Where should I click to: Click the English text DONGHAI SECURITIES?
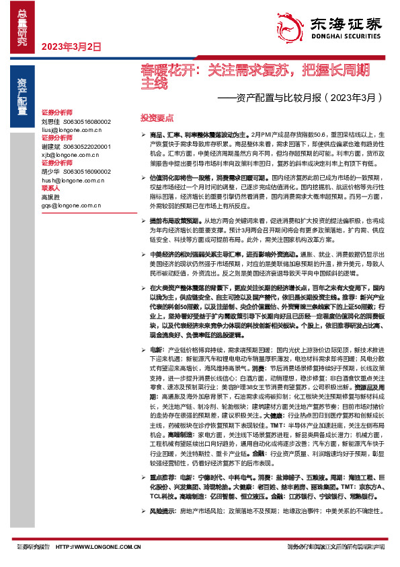point(352,39)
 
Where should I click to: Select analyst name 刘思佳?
point(51,121)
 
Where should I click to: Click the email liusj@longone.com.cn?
point(71,129)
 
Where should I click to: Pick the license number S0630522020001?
point(87,146)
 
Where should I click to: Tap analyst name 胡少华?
point(51,171)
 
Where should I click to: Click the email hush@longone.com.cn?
point(71,179)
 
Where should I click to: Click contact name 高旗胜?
point(51,197)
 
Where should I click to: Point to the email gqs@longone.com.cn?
point(70,205)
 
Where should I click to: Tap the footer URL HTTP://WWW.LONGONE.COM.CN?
point(98,547)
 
